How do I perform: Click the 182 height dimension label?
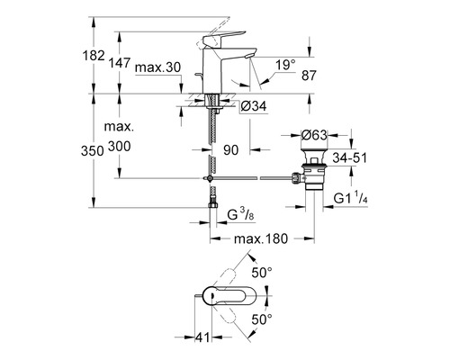[94, 56]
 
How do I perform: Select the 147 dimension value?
[120, 63]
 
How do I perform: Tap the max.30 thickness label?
[158, 67]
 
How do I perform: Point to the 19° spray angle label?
[285, 65]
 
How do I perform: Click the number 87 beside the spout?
[309, 76]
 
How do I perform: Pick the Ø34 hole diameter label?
[254, 106]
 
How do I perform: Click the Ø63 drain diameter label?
[314, 135]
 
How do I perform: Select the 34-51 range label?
[350, 157]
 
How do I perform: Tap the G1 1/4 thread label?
[351, 198]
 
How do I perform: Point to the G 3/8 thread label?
[241, 215]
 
